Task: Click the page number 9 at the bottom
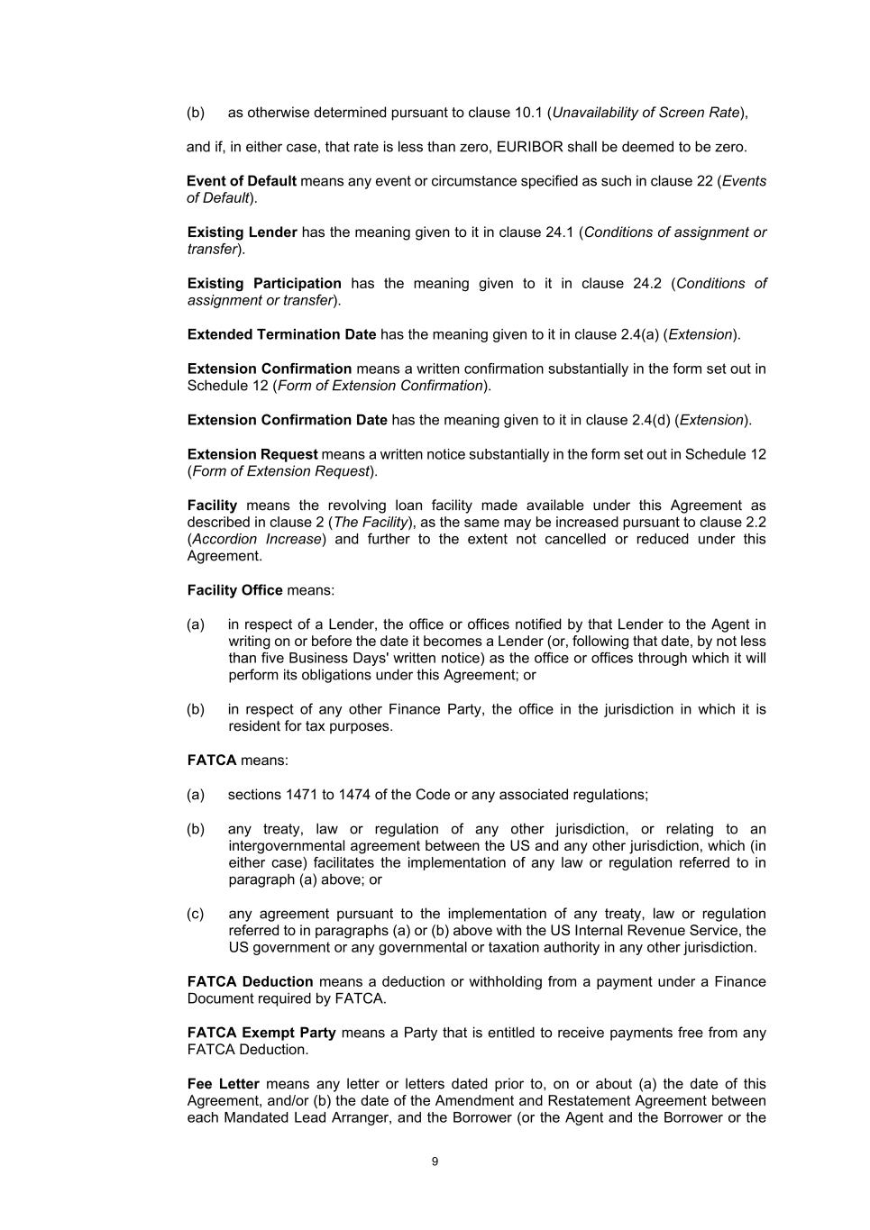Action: [435, 1162]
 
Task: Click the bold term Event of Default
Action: [242, 181]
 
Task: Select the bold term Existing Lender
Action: [242, 232]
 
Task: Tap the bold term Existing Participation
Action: [264, 284]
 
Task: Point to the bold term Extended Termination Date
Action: [281, 334]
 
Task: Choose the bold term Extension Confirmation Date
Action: [287, 420]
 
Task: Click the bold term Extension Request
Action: [252, 454]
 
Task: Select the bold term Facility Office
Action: [234, 590]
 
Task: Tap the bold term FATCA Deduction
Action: [250, 981]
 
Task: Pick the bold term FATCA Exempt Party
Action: [261, 1033]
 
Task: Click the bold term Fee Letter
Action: [223, 1084]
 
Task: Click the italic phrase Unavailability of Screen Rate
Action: [646, 113]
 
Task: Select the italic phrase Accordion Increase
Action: [257, 539]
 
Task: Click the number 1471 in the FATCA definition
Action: [302, 795]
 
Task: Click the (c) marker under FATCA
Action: [196, 914]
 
